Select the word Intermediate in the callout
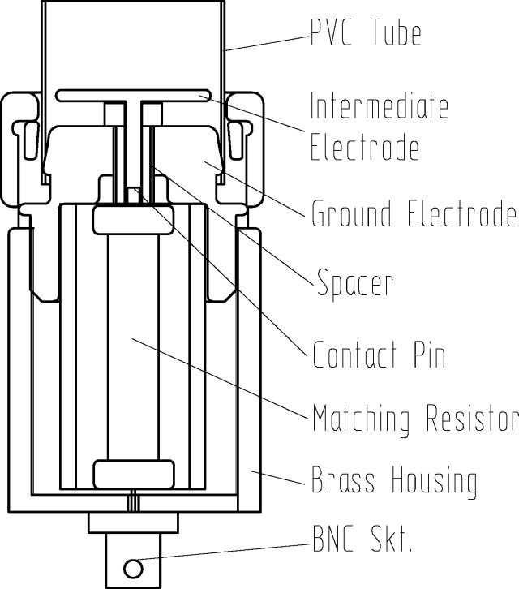(379, 105)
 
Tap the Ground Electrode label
(414, 215)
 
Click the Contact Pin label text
(379, 355)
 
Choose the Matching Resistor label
(414, 419)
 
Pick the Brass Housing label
(394, 481)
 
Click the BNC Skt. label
(362, 540)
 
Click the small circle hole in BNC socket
(130, 564)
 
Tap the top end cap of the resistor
(133, 217)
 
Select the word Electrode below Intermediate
(365, 148)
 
